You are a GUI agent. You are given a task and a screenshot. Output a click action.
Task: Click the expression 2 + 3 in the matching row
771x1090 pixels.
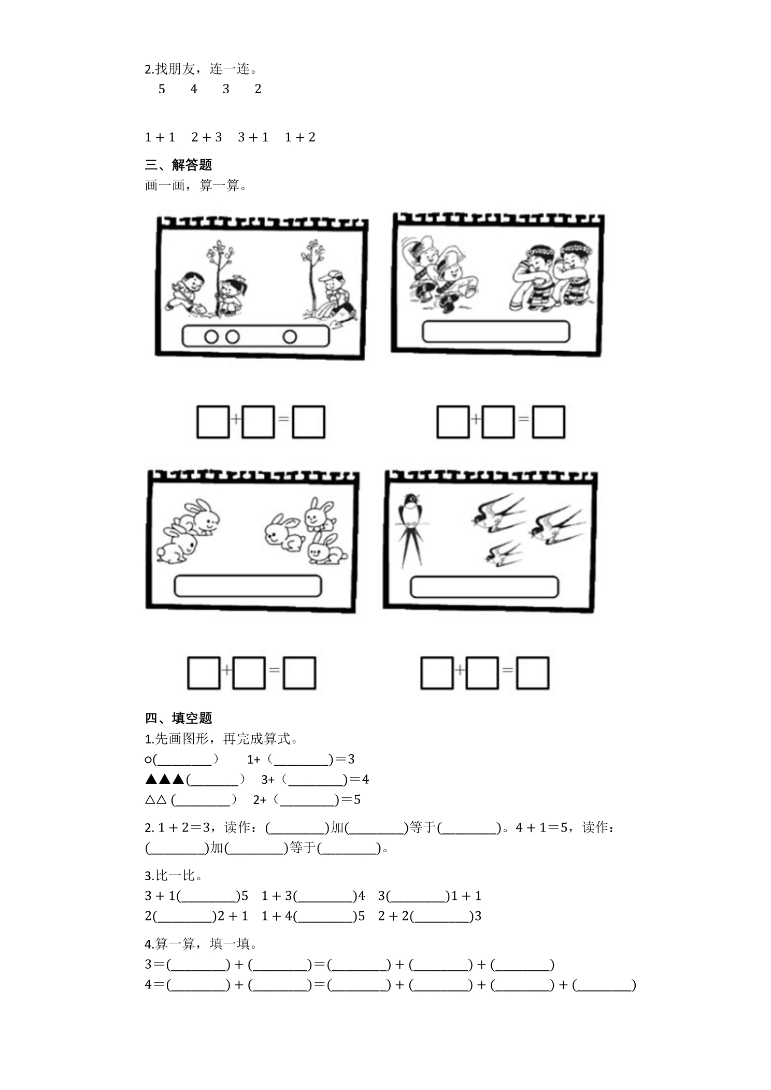(206, 137)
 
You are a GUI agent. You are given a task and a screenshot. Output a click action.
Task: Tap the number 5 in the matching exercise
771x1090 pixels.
(162, 89)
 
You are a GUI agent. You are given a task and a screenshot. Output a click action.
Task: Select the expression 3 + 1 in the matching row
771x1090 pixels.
(253, 137)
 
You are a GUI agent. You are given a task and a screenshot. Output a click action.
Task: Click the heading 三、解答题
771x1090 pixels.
(179, 165)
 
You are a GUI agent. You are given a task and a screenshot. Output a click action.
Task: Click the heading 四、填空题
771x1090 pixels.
(179, 718)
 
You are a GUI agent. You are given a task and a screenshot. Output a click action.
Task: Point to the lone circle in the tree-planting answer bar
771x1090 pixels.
(290, 337)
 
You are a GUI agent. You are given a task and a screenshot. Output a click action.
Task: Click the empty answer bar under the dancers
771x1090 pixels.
(496, 332)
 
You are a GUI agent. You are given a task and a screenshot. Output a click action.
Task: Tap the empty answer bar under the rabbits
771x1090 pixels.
(248, 586)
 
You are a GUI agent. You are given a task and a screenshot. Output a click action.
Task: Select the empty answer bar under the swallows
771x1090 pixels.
(484, 587)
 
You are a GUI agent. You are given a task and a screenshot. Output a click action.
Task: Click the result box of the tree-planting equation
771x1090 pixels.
(309, 422)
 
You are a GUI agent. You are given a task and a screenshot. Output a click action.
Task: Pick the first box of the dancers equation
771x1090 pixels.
(453, 422)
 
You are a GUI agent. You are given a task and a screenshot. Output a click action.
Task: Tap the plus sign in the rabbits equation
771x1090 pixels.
(226, 670)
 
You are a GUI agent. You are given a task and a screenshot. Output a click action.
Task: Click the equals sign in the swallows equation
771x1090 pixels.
(507, 670)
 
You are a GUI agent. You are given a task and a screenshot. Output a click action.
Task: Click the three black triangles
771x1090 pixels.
(165, 779)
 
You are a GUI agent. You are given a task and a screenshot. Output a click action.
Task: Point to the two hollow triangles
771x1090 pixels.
(156, 799)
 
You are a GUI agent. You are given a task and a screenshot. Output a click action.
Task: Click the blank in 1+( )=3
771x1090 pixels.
(302, 760)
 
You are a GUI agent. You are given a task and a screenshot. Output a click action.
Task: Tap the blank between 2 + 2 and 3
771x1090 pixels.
(443, 916)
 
